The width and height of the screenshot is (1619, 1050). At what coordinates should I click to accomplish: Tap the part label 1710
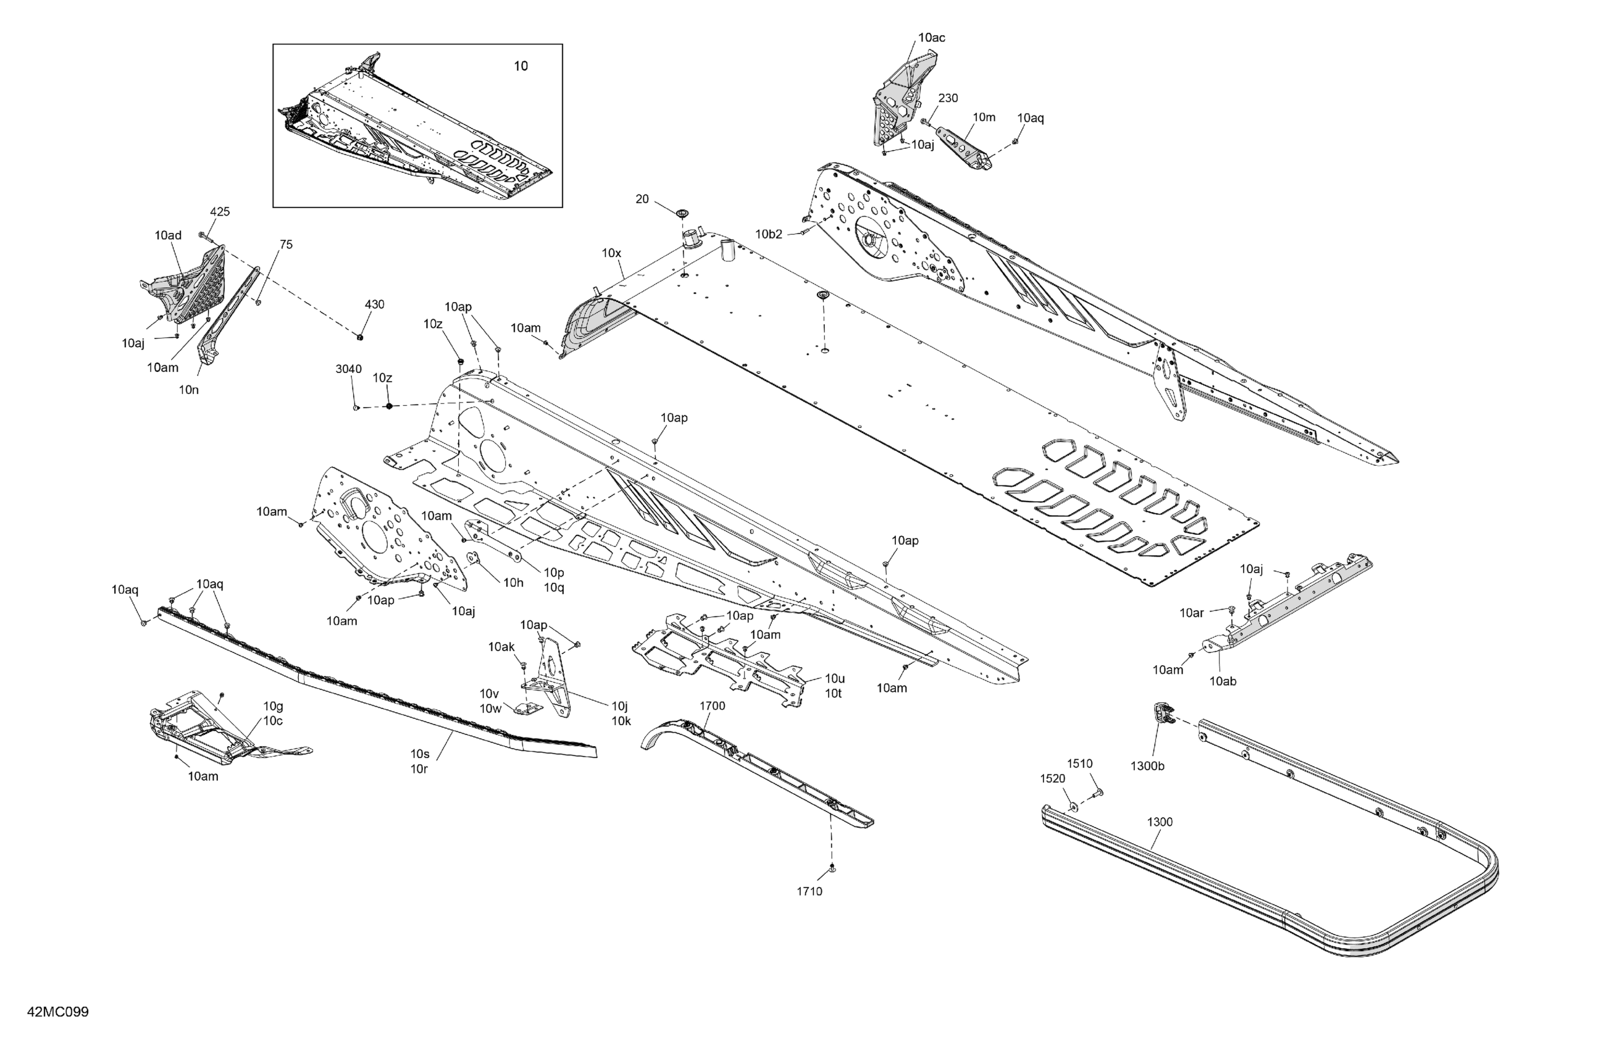(x=809, y=891)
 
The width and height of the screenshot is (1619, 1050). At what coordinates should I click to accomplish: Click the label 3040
(x=348, y=369)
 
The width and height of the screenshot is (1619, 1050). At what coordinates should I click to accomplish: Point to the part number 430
(x=374, y=304)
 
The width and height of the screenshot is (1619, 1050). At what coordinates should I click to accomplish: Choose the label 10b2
(x=769, y=234)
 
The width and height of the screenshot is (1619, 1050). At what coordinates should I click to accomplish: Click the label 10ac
(x=931, y=38)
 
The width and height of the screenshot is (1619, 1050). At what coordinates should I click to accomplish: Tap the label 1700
(x=712, y=706)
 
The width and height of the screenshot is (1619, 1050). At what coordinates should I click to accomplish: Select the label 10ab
(x=1223, y=681)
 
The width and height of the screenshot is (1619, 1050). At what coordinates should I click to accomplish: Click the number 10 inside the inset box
(x=521, y=66)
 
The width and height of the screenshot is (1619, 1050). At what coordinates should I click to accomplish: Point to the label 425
(x=220, y=212)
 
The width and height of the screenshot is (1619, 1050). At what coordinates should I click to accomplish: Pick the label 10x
(x=611, y=253)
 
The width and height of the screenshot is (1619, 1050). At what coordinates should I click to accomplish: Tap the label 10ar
(x=1191, y=613)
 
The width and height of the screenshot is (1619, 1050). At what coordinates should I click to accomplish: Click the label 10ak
(x=501, y=647)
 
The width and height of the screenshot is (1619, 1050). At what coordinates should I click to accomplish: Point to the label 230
(x=948, y=98)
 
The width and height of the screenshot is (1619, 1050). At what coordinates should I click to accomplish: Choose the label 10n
(x=188, y=390)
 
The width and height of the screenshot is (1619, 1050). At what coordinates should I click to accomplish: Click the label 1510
(x=1079, y=763)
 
